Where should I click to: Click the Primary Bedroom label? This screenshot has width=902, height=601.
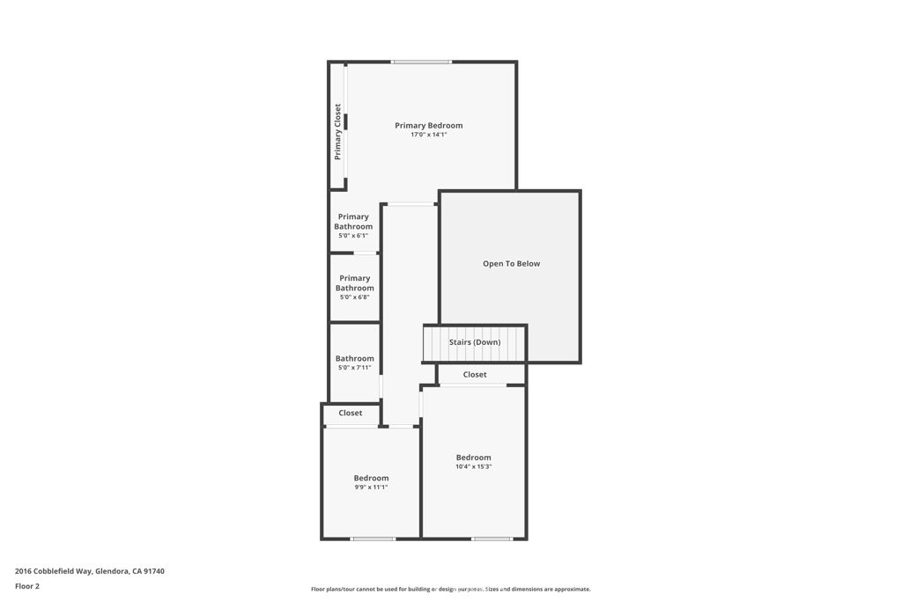[x=428, y=126]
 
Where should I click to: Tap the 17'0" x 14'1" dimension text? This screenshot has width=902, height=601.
[x=428, y=135]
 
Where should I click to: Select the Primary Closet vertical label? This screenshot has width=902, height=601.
[x=337, y=132]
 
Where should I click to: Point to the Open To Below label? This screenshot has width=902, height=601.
[x=511, y=264]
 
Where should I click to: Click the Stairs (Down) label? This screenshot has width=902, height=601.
[x=475, y=342]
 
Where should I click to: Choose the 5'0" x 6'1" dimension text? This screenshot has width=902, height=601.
[x=353, y=236]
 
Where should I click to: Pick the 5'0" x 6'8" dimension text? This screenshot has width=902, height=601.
[x=354, y=297]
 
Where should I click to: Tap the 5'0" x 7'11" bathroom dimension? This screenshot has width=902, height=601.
[x=354, y=368]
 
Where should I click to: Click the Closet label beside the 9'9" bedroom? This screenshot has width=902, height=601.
[x=351, y=413]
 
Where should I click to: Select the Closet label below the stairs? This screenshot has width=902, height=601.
[x=475, y=375]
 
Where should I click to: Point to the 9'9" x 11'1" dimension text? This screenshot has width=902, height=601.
[x=371, y=487]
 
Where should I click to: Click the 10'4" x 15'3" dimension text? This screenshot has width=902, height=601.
[x=473, y=466]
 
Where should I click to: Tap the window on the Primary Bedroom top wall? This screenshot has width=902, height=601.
[x=422, y=62]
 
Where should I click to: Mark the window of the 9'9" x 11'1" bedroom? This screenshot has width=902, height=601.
[x=373, y=539]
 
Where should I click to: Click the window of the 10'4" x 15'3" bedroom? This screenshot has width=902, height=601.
[x=491, y=539]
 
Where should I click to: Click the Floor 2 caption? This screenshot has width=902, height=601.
[x=27, y=586]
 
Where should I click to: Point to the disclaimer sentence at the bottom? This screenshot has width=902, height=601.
[x=450, y=590]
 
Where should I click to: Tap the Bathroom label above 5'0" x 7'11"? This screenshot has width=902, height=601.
[x=354, y=358]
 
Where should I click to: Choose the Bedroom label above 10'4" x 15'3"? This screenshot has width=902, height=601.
[x=473, y=458]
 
